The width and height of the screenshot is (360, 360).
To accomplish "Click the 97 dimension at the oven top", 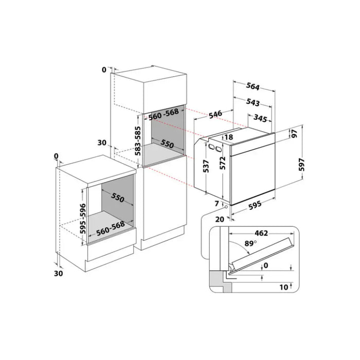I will coord(295,133).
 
